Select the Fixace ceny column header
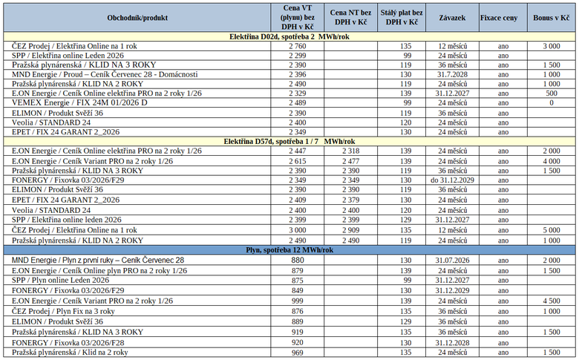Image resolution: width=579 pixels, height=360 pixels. pyautogui.click(x=499, y=16)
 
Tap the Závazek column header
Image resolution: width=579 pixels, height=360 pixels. pyautogui.click(x=452, y=16)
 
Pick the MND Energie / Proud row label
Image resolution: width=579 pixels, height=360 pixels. pyautogui.click(x=105, y=74)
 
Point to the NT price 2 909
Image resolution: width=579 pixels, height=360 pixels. pyautogui.click(x=352, y=231)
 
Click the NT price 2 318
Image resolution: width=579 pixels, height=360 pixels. pyautogui.click(x=352, y=151)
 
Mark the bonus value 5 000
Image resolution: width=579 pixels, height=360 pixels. pyautogui.click(x=551, y=231)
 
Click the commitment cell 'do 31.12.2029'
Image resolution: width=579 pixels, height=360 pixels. pyautogui.click(x=452, y=179)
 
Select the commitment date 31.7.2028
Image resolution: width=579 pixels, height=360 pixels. pyautogui.click(x=452, y=74)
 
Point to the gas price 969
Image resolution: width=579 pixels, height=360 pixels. pyautogui.click(x=297, y=353)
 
